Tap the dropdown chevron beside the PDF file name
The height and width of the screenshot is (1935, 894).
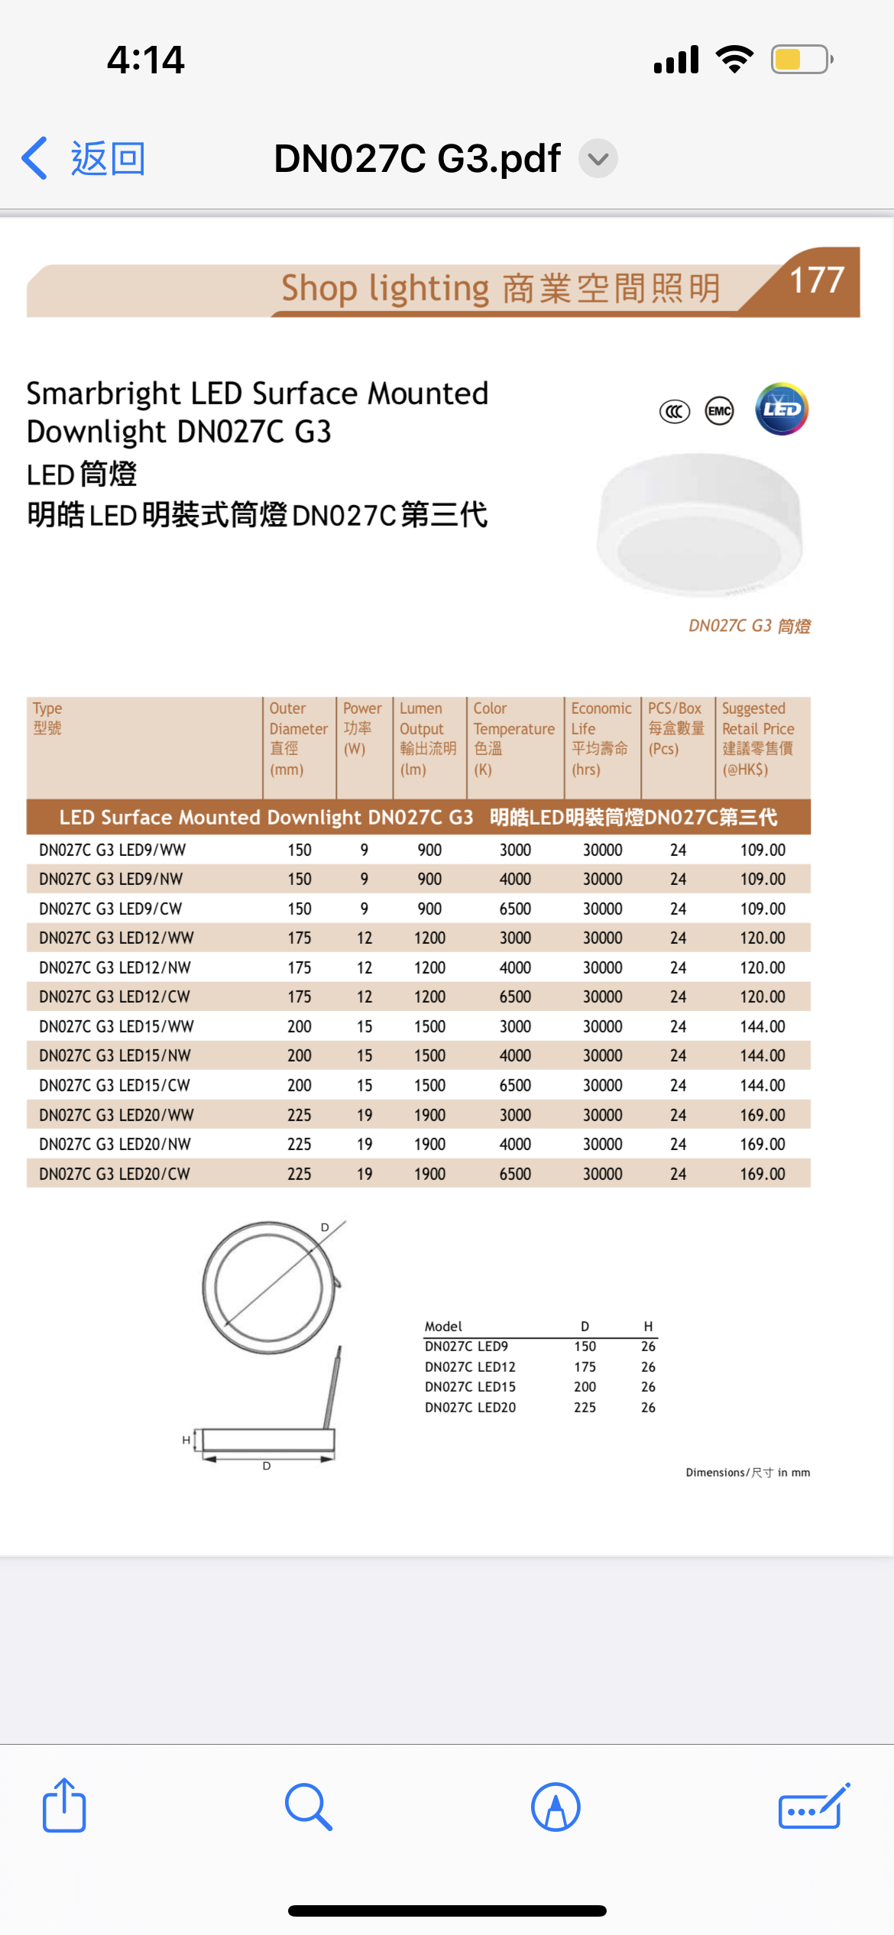(x=598, y=159)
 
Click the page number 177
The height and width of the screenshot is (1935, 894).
(x=816, y=280)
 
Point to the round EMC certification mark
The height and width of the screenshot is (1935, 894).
(x=719, y=411)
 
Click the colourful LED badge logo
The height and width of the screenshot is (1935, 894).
(x=781, y=409)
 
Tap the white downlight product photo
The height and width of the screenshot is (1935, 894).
(x=700, y=523)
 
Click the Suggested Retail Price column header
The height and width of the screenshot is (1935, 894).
(x=758, y=738)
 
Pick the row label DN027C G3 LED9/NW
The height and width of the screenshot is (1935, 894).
(x=112, y=879)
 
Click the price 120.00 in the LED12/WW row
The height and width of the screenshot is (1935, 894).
(x=763, y=938)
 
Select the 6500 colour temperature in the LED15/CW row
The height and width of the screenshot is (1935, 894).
(x=515, y=1085)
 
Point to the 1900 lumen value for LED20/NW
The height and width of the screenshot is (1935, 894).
(x=429, y=1144)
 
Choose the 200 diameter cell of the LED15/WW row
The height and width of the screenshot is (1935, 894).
(x=300, y=1026)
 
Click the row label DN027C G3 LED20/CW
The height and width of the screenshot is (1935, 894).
(x=115, y=1174)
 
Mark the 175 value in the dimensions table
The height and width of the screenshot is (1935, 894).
(x=585, y=1366)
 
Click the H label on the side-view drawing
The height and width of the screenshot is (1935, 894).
(x=186, y=1440)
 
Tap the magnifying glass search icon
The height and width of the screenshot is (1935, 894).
(x=308, y=1807)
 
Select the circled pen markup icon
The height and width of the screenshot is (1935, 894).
(x=556, y=1807)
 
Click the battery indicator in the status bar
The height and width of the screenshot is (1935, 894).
(x=800, y=60)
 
